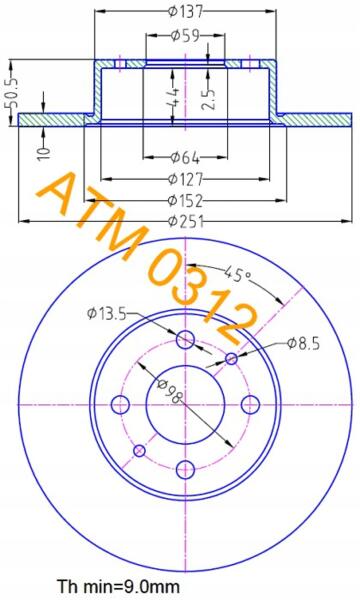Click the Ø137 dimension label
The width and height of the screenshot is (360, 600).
pyautogui.click(x=185, y=12)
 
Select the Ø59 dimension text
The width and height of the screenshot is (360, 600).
pyautogui.click(x=185, y=36)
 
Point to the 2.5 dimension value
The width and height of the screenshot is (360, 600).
pyautogui.click(x=209, y=98)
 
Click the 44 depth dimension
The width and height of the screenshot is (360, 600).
pyautogui.click(x=173, y=98)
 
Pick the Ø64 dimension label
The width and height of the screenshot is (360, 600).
pyautogui.click(x=185, y=157)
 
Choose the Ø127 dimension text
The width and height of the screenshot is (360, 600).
pyautogui.click(x=185, y=178)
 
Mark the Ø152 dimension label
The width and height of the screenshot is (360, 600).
pyautogui.click(x=185, y=200)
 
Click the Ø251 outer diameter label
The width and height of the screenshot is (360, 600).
pyautogui.click(x=185, y=221)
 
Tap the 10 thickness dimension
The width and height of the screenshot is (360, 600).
pyautogui.click(x=44, y=153)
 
